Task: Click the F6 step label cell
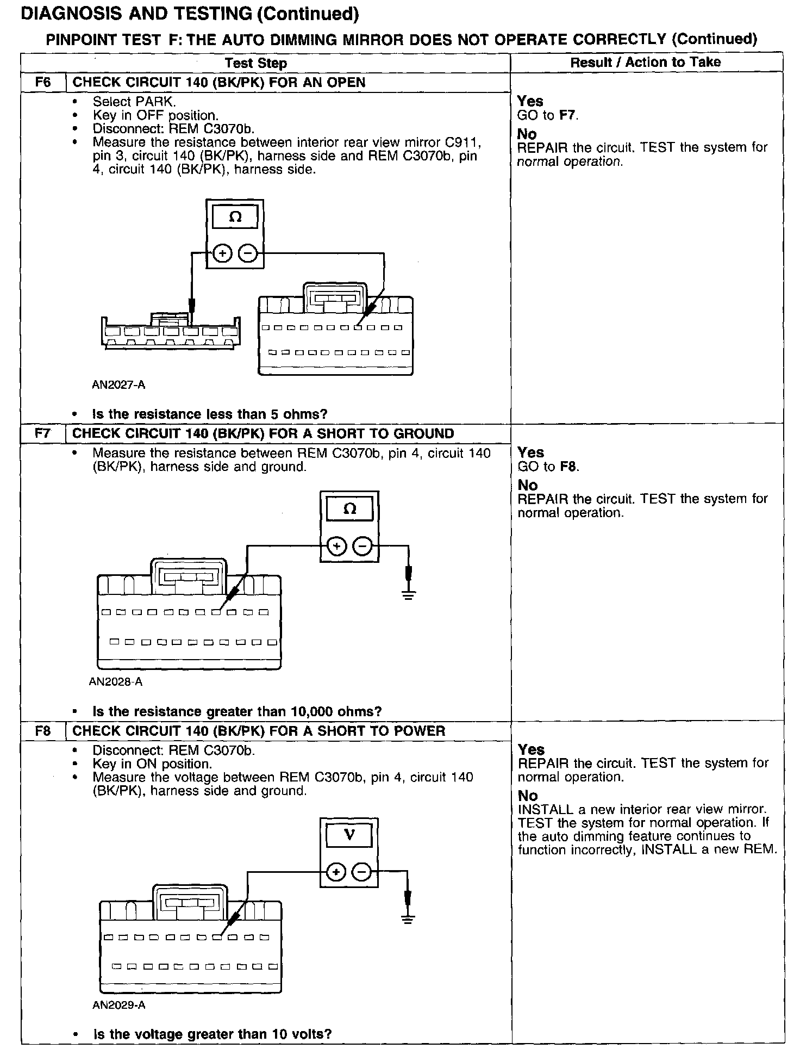tap(43, 83)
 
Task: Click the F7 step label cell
tap(43, 434)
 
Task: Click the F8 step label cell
tap(43, 731)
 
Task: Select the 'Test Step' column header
tap(255, 63)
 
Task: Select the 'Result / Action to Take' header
tap(645, 63)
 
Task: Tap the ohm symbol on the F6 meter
tap(235, 218)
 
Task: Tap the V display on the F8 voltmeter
tap(349, 835)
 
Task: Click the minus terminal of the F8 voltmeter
tap(362, 873)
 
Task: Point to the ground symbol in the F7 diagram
tap(409, 594)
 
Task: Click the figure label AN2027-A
tap(118, 385)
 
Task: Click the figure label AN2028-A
tap(116, 682)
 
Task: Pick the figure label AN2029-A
tap(119, 1006)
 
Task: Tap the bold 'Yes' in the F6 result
tap(530, 101)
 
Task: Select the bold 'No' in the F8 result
tap(528, 796)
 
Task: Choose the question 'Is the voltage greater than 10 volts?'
tap(212, 1034)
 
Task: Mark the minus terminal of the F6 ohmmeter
tap(248, 253)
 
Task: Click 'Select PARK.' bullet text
tap(134, 102)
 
